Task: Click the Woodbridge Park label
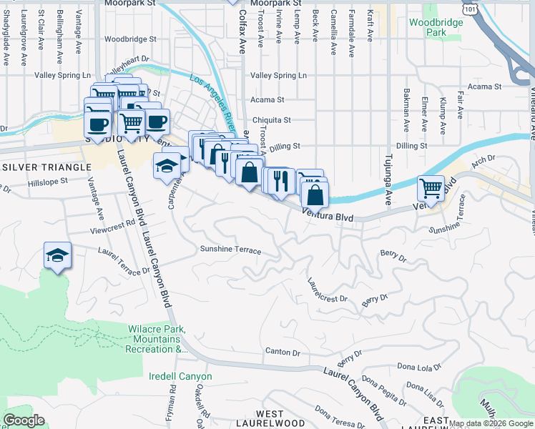pyautogui.click(x=436, y=27)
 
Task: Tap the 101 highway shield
pyautogui.click(x=469, y=6)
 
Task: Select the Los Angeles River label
pyautogui.click(x=212, y=94)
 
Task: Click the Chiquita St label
pyautogui.click(x=270, y=120)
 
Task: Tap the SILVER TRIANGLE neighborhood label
pyautogui.click(x=47, y=167)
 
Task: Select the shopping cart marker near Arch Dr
pyautogui.click(x=431, y=189)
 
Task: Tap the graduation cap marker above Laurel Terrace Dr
pyautogui.click(x=57, y=255)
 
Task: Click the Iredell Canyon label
pyautogui.click(x=180, y=376)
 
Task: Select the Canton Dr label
pyautogui.click(x=282, y=352)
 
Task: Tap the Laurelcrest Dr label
pyautogui.click(x=327, y=293)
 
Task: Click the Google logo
pyautogui.click(x=24, y=420)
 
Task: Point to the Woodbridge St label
pyautogui.click(x=130, y=39)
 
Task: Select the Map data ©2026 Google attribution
pyautogui.click(x=491, y=423)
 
